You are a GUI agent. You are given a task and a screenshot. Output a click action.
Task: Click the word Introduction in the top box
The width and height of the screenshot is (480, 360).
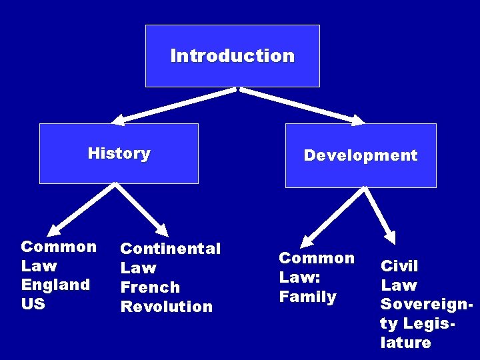point(232,55)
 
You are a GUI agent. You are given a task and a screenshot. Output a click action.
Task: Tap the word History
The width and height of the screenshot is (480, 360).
point(119,153)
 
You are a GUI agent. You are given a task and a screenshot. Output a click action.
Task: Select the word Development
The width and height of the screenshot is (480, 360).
point(360,155)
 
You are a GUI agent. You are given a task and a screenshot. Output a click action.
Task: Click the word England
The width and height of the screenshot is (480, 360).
point(55,285)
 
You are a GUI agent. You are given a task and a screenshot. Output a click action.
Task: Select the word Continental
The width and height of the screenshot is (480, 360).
point(170,249)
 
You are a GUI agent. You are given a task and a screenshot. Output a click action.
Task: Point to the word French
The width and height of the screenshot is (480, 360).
point(150,287)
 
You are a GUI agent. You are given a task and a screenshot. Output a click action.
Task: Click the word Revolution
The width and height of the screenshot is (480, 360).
point(166,307)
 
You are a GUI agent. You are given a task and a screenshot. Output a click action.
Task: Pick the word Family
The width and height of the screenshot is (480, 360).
point(307,297)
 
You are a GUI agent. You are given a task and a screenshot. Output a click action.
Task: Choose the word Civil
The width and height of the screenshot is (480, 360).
point(399,266)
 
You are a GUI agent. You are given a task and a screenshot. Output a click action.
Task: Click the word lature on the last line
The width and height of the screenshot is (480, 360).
point(405,343)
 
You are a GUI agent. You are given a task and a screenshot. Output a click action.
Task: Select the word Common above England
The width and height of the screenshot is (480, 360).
point(59,247)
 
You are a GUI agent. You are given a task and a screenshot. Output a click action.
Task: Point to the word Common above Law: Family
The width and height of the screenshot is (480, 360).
point(317,258)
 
